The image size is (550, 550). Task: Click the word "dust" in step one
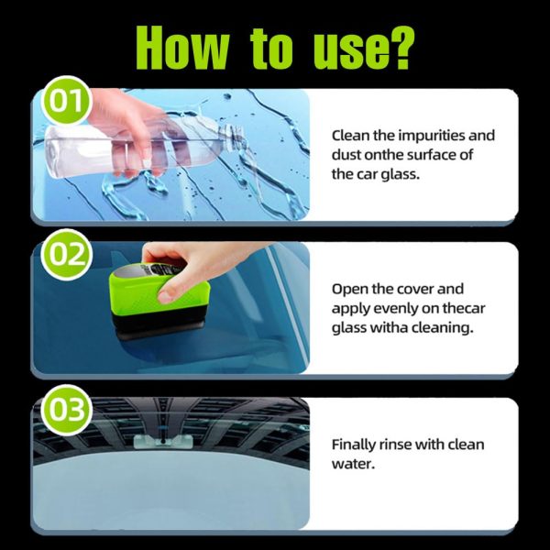tap(346, 155)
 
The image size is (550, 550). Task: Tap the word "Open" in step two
tap(349, 289)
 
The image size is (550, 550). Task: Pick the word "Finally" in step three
tap(355, 445)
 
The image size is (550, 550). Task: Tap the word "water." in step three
tap(352, 465)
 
